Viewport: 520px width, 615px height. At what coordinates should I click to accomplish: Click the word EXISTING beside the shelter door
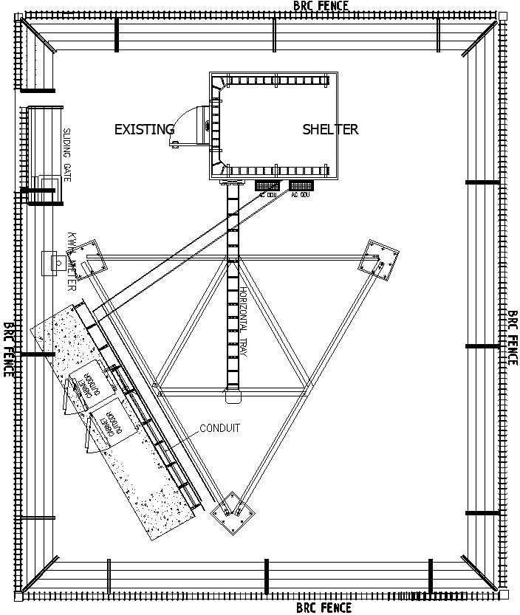point(144,129)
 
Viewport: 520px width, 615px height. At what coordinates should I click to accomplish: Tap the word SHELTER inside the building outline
point(330,129)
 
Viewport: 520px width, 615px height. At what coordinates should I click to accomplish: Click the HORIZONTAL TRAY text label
point(244,322)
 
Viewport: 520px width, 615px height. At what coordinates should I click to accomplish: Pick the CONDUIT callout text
point(219,428)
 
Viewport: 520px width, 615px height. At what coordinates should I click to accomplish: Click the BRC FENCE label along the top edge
point(321,6)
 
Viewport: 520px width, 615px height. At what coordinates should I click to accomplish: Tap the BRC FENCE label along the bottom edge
point(324,608)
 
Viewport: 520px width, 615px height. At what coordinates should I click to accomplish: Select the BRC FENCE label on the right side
point(512,337)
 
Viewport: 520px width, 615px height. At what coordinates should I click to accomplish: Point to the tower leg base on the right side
point(379,260)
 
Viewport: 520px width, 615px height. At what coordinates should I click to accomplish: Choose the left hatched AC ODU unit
point(267,185)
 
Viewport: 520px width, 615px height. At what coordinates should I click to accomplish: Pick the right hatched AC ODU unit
point(301,185)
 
